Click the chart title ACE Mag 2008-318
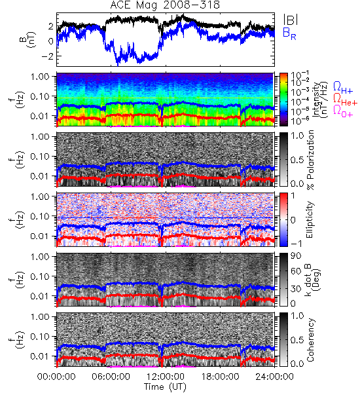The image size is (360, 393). [x=165, y=5]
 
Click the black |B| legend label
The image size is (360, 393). [x=290, y=19]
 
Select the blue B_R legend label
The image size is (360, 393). [x=289, y=33]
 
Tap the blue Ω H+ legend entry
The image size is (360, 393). [x=343, y=88]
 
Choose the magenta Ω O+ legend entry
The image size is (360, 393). [x=343, y=111]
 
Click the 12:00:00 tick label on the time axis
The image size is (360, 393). [x=166, y=377]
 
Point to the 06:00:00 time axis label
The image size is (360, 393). [x=111, y=377]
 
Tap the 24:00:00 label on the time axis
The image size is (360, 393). [x=274, y=377]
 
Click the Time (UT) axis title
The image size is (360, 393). [x=166, y=387]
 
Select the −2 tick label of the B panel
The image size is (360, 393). [x=48, y=56]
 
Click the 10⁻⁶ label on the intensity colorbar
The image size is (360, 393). [x=299, y=121]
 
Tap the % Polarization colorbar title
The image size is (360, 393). [x=311, y=160]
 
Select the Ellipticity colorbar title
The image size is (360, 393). [x=310, y=219]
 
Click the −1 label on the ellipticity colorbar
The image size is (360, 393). [x=296, y=244]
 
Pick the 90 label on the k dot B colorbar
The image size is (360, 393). [x=296, y=255]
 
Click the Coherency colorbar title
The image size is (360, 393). [x=310, y=340]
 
